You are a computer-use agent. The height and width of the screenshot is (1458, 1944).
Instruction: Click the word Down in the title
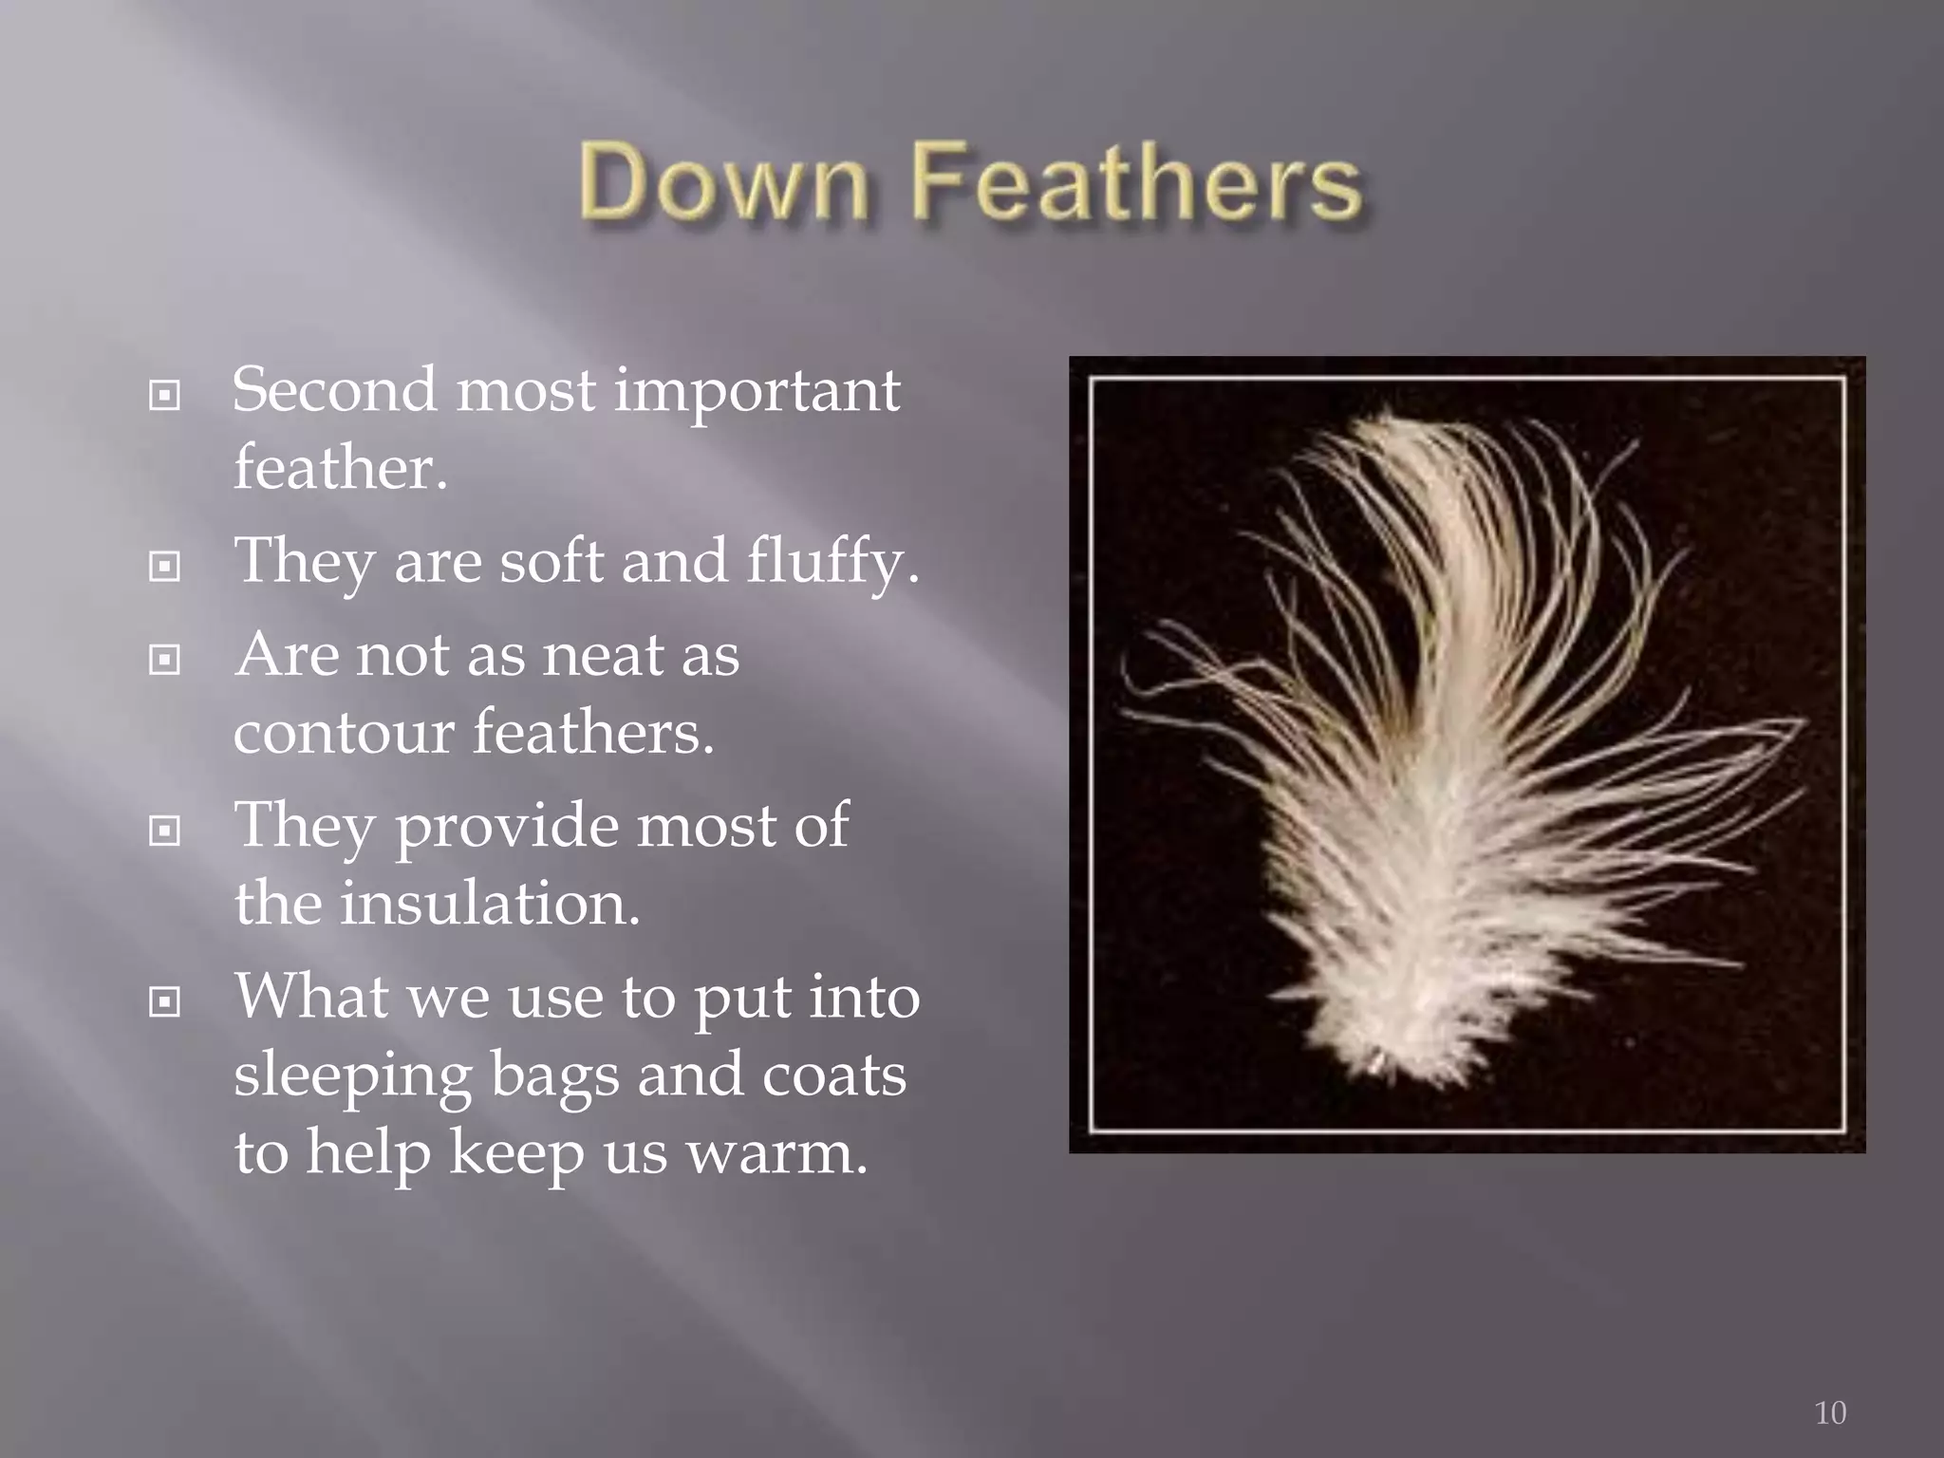[x=723, y=180]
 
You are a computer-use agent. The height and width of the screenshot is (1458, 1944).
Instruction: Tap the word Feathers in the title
[x=1136, y=180]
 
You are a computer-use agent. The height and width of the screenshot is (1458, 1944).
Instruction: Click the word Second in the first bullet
[x=334, y=389]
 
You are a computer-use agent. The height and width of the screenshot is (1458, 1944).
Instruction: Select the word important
[x=757, y=391]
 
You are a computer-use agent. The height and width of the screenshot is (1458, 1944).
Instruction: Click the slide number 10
[x=1830, y=1412]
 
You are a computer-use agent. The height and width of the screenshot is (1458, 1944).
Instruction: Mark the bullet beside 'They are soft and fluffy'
[x=165, y=567]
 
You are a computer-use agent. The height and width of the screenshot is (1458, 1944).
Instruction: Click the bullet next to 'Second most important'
[x=165, y=395]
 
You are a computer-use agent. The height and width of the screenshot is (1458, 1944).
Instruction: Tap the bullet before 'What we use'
[x=165, y=1001]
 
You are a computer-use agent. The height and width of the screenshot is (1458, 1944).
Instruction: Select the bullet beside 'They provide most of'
[x=165, y=832]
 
